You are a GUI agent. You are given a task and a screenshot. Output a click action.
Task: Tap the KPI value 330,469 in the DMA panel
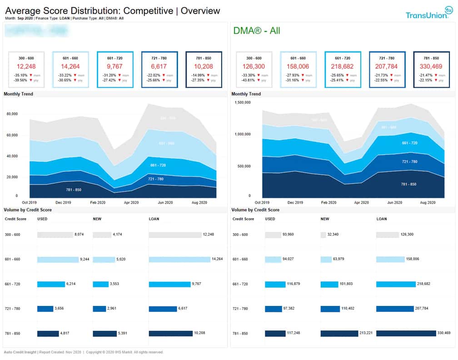[x=431, y=66]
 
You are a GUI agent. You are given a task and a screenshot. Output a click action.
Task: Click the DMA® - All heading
[x=257, y=31]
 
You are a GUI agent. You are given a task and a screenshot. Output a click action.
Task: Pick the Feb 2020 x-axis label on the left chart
[x=98, y=202]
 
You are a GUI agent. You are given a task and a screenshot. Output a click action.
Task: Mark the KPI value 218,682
[x=343, y=66]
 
